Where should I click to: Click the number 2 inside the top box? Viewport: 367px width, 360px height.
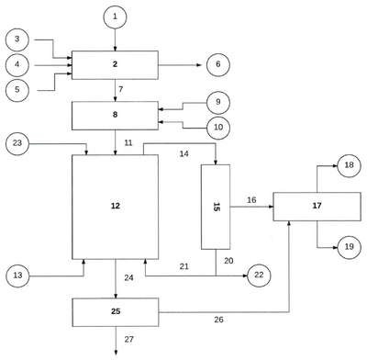(x=115, y=64)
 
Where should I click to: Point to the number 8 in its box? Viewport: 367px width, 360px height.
(x=115, y=115)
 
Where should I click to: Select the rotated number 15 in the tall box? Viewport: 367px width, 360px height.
(x=216, y=208)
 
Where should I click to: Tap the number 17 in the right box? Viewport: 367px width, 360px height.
(x=317, y=206)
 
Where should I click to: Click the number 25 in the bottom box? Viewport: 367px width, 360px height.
(x=116, y=311)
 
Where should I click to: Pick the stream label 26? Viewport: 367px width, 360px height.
(x=218, y=320)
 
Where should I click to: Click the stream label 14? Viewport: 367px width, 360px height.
(x=183, y=153)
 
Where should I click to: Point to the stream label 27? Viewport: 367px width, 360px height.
(x=129, y=339)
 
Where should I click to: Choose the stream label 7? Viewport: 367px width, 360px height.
(x=121, y=89)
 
